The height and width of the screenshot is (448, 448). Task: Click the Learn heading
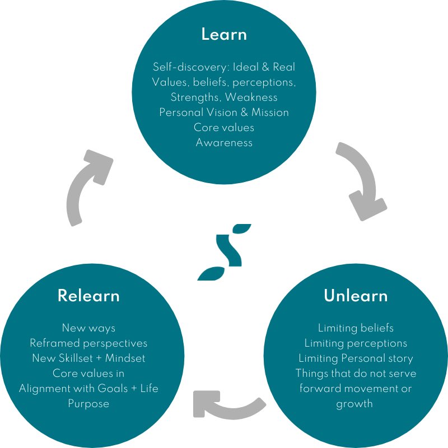click(224, 35)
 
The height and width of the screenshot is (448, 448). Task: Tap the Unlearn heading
click(356, 296)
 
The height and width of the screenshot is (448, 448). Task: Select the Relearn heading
click(89, 296)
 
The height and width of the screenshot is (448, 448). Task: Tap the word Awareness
click(224, 142)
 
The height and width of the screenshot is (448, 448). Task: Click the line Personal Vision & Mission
click(224, 112)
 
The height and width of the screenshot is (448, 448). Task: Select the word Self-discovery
click(184, 67)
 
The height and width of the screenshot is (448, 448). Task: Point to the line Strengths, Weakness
click(224, 97)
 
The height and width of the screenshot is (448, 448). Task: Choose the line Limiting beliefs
click(356, 328)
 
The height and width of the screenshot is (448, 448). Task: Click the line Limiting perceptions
click(356, 343)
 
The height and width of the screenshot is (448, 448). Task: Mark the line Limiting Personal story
click(356, 358)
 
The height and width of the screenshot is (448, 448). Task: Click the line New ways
click(89, 328)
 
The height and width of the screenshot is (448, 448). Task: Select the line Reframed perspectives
click(89, 343)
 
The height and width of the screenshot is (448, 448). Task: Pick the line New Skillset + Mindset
click(89, 358)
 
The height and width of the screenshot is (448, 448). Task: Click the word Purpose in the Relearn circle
click(89, 403)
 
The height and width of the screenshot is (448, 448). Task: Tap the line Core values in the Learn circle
click(224, 127)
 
